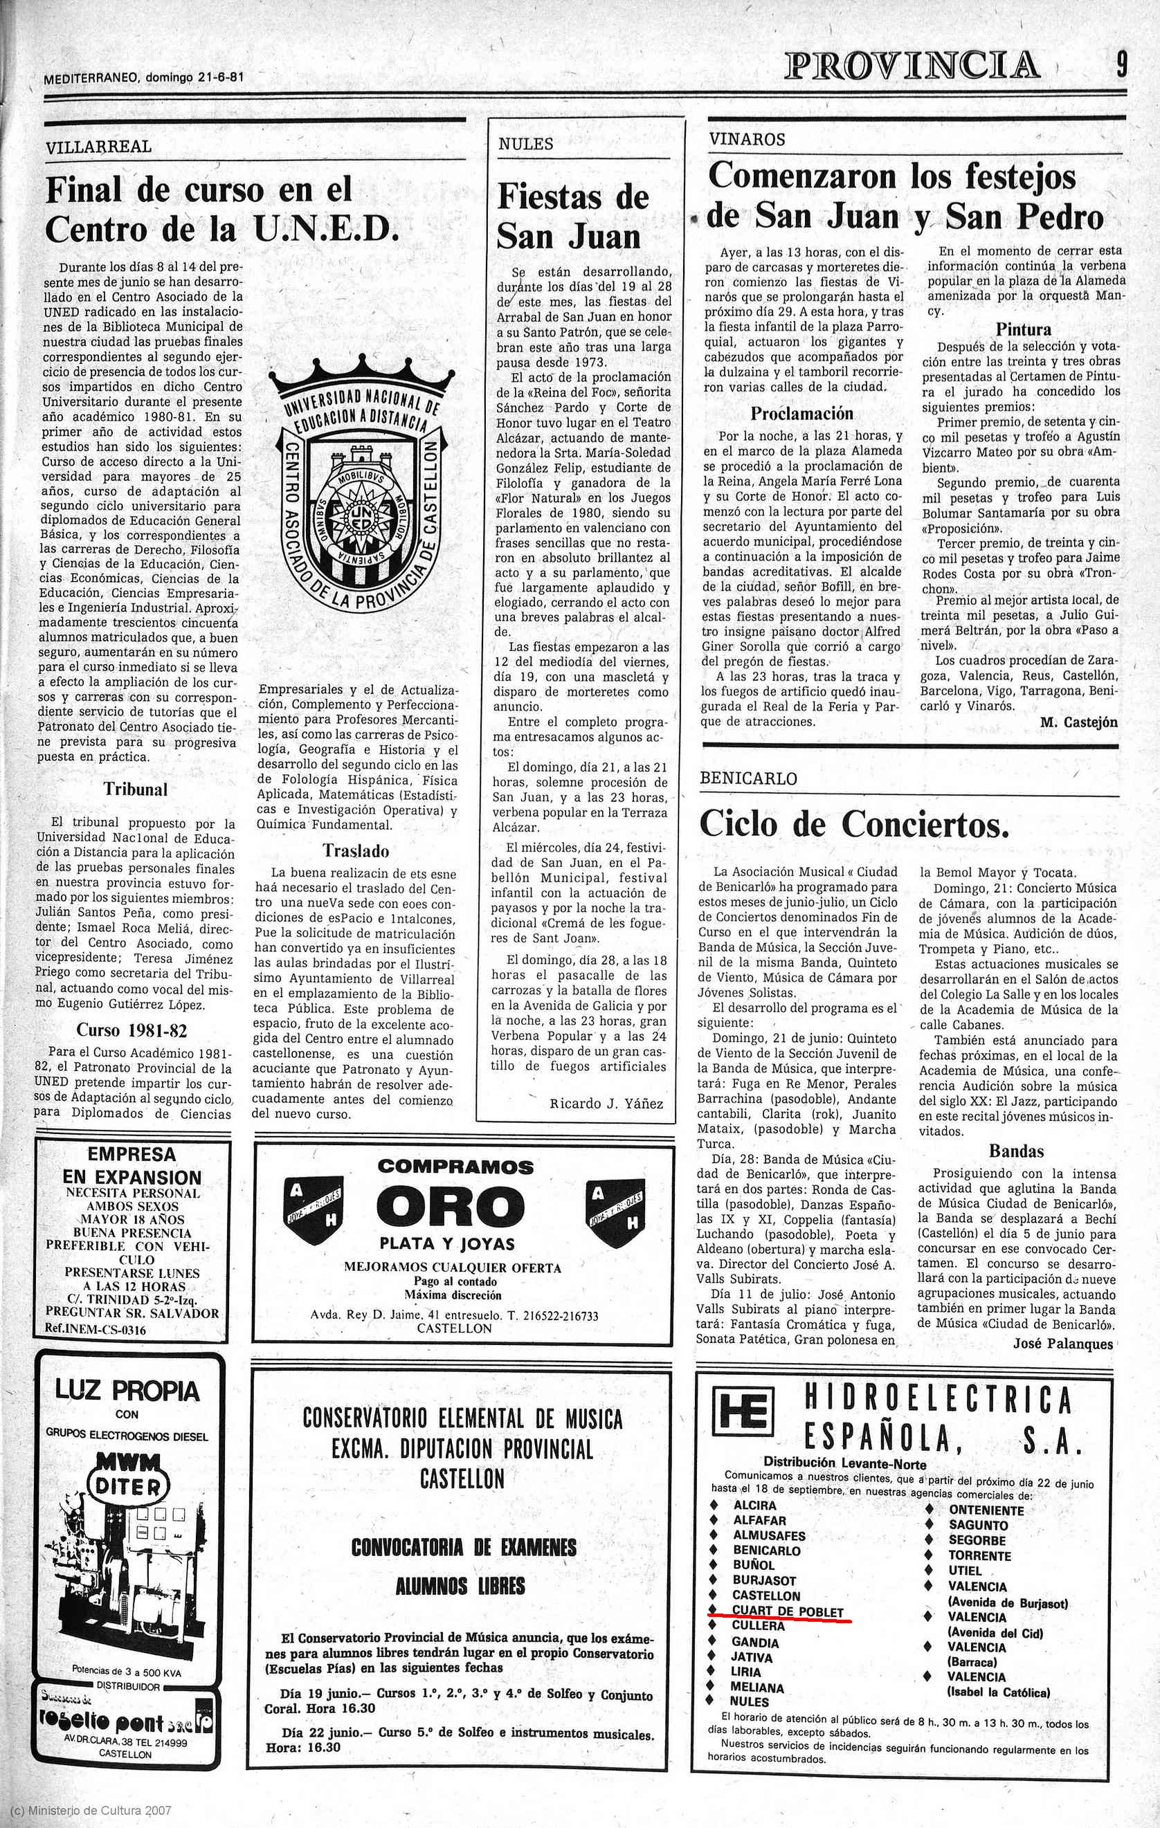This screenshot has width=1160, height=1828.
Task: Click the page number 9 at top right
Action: (1121, 64)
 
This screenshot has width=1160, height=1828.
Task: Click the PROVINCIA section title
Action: (912, 65)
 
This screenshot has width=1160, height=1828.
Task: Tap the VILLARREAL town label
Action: (99, 147)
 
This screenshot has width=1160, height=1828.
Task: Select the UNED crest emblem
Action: (361, 486)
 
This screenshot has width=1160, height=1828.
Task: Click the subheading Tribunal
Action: (135, 789)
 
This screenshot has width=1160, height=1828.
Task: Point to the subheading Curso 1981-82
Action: (132, 1030)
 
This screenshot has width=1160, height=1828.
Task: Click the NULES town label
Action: (525, 144)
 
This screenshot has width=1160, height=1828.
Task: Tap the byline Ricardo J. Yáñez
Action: (606, 1104)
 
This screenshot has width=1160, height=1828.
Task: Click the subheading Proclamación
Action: (801, 414)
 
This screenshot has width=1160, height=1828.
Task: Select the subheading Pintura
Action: (1024, 329)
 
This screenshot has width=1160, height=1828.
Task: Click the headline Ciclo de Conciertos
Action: (854, 825)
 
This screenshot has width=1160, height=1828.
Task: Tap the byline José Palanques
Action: (1063, 1344)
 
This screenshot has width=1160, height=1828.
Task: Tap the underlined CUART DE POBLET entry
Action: (787, 1610)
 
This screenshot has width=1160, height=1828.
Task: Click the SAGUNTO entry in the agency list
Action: (978, 1524)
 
